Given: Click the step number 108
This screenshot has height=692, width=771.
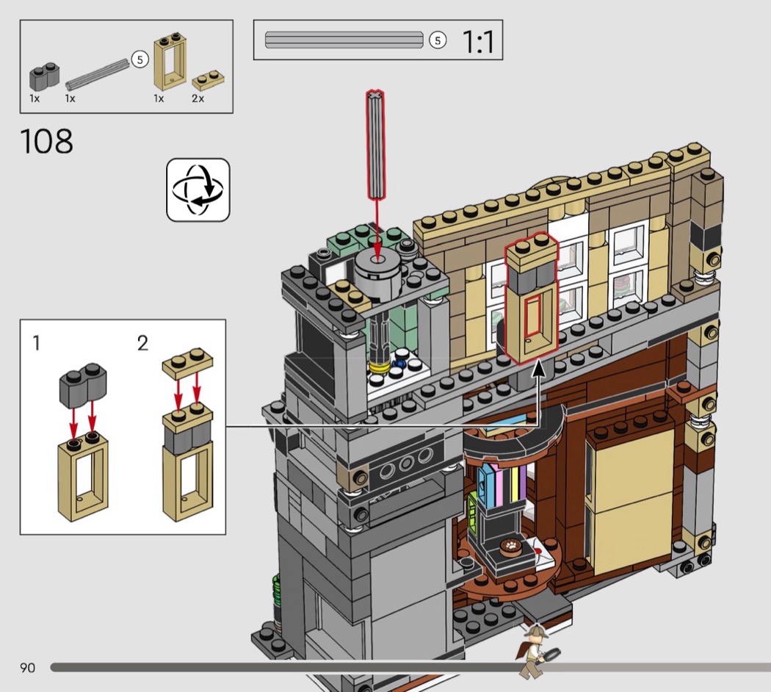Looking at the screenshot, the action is click(47, 141).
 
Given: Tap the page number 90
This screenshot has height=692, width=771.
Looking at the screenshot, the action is click(28, 668).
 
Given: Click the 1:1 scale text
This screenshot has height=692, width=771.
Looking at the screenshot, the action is click(479, 41).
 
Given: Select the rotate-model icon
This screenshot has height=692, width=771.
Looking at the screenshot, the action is click(198, 190).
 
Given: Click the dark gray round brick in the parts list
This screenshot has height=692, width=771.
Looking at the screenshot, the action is click(44, 76).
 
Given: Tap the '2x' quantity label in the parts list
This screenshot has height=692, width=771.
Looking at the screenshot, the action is click(198, 98).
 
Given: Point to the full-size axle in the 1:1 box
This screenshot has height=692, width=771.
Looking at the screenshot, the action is click(344, 40).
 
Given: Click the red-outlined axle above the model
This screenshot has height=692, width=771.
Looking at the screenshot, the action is click(375, 144).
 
